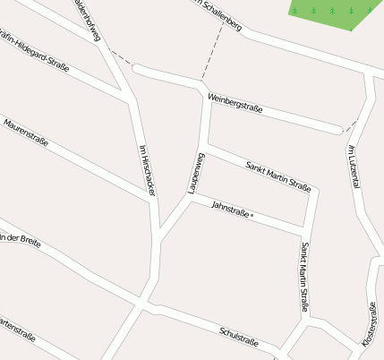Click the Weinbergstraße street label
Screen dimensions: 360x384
tap(235, 103)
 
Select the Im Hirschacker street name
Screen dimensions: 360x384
tap(148, 170)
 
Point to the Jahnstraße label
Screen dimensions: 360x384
tap(229, 210)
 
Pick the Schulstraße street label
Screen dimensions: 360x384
tap(239, 337)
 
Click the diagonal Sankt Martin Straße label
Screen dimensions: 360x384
tap(278, 176)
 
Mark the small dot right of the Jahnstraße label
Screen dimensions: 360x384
tap(252, 216)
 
